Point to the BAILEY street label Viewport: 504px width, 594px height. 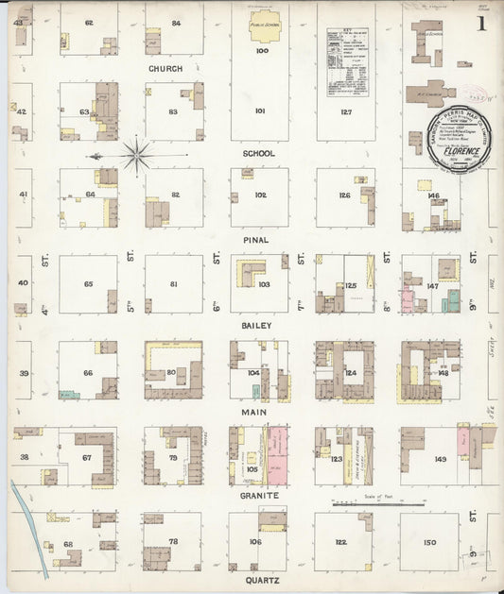tap(258, 325)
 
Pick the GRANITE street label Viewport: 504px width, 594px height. tap(258, 495)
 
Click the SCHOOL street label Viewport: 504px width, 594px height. tap(258, 153)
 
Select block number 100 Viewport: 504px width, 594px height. tap(261, 51)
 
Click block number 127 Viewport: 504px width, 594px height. tap(345, 110)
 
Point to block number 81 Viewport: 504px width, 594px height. tap(173, 284)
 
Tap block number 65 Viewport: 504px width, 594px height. tap(88, 284)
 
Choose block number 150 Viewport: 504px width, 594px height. tap(430, 542)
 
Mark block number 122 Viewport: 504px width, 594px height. tap(341, 542)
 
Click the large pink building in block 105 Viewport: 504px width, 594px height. tap(278, 454)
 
